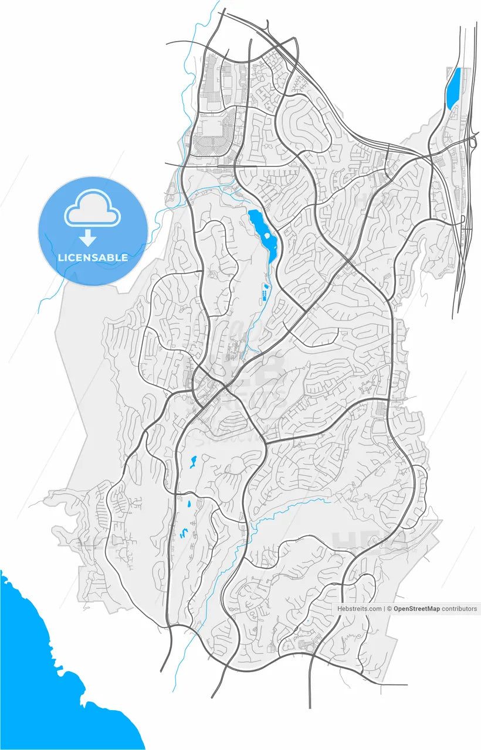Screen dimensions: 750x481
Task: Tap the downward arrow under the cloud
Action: point(88,237)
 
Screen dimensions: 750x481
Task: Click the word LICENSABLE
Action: point(93,258)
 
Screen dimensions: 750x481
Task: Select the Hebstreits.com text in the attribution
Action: point(359,609)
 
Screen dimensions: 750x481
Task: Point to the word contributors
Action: point(459,609)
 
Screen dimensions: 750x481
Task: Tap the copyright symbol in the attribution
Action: point(390,609)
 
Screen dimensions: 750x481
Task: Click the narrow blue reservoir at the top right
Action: point(452,89)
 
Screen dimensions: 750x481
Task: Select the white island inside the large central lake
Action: point(268,237)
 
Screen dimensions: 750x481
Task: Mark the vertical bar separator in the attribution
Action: point(385,609)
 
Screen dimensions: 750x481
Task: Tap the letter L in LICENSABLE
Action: point(60,258)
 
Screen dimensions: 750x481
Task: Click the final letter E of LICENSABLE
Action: point(125,258)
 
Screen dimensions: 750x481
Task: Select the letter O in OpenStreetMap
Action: point(397,609)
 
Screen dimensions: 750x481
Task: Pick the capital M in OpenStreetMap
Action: point(428,609)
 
